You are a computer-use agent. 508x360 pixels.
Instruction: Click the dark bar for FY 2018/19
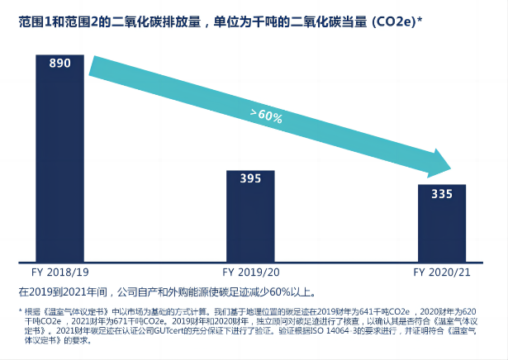[59, 165]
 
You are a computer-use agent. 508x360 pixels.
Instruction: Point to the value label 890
[59, 64]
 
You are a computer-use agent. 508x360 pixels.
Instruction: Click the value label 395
[250, 178]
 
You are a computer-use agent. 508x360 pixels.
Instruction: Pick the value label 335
[442, 194]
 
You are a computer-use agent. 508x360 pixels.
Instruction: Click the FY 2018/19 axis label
[59, 272]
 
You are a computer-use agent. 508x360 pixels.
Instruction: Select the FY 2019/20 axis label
[250, 272]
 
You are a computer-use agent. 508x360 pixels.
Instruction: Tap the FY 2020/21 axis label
[441, 272]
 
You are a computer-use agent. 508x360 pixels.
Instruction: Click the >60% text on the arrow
[266, 116]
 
